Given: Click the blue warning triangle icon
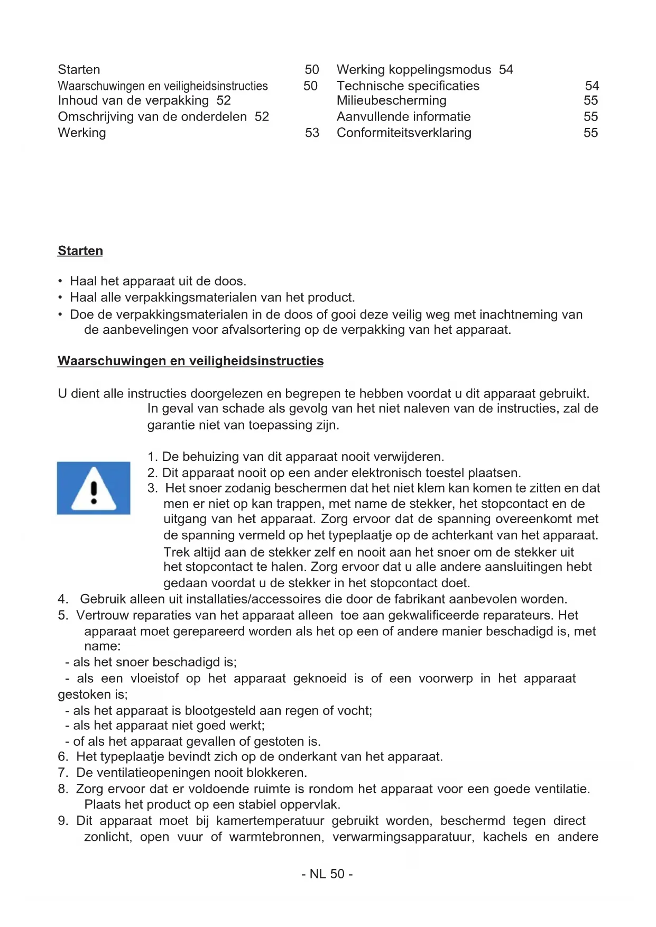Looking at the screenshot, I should [x=94, y=488].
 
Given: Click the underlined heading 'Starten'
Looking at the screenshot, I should [x=80, y=251].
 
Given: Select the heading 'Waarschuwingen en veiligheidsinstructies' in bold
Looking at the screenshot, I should [x=190, y=361].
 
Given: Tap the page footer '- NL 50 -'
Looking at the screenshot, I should [x=327, y=874].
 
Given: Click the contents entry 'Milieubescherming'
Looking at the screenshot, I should [x=391, y=100].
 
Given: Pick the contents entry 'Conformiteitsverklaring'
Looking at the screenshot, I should [x=404, y=133].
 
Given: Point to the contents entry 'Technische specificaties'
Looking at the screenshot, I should [x=408, y=86].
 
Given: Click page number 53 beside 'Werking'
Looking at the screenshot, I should [x=312, y=133].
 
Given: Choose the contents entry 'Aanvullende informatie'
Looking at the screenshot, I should [x=403, y=117].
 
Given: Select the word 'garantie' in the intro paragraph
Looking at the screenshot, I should [x=171, y=425].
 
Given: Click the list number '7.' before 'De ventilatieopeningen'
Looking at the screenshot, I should [x=63, y=773].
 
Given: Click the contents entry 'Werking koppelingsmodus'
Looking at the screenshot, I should [x=414, y=70].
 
